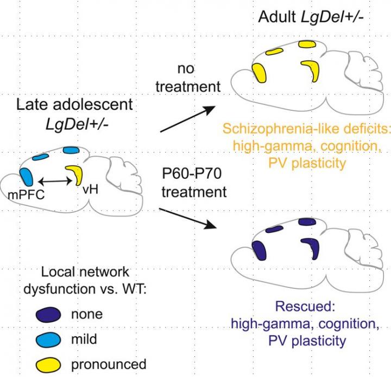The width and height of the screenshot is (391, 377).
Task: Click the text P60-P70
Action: (x=193, y=174)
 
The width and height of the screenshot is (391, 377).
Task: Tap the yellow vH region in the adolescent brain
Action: (x=73, y=175)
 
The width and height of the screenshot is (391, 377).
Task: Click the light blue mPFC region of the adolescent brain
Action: (x=26, y=178)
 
